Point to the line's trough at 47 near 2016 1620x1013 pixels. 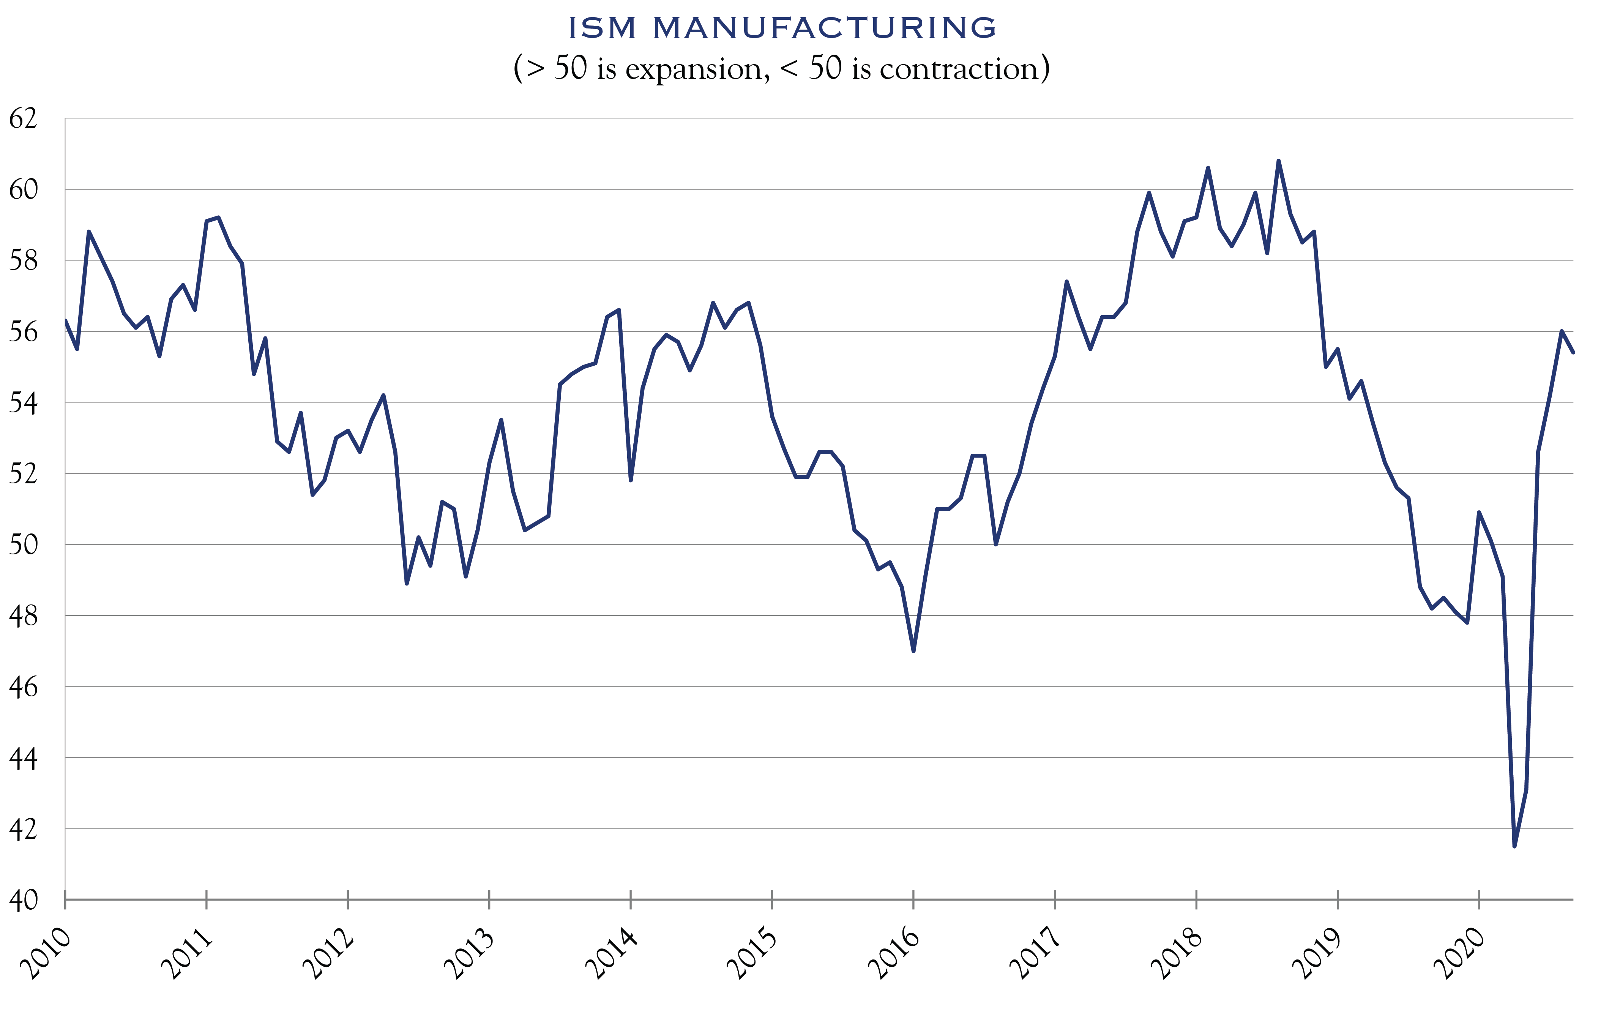914,650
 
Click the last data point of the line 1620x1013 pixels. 1573,352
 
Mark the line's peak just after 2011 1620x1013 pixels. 218,218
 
